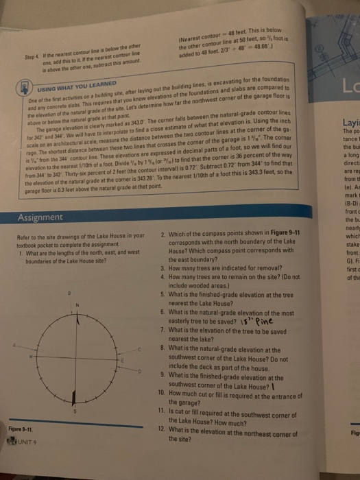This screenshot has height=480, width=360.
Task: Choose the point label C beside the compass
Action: pos(139,350)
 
